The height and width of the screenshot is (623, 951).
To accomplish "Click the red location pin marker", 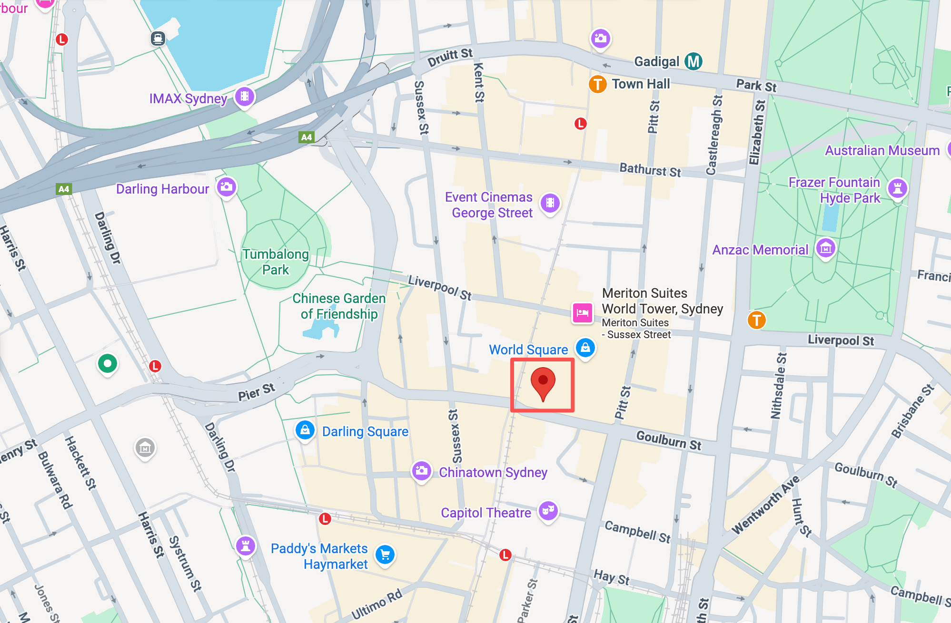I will tap(543, 382).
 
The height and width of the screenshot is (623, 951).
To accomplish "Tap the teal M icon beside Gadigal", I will tap(693, 61).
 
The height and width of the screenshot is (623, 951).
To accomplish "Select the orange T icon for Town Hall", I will tap(597, 85).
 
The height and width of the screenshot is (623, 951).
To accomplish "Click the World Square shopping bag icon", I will tap(585, 348).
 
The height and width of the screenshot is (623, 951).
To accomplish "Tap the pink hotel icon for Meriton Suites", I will tap(582, 313).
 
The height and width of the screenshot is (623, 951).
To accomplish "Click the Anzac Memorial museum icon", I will tap(826, 248).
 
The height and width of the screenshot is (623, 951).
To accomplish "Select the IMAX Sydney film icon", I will tap(245, 97).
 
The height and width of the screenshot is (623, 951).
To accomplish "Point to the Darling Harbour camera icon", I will tap(227, 187).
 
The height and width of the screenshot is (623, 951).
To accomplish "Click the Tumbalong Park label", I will tap(276, 262).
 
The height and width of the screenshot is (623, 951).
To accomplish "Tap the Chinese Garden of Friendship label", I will tap(339, 306).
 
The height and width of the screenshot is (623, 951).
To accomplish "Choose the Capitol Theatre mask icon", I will tap(548, 510).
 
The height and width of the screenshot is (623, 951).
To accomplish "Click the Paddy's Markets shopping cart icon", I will tap(385, 555).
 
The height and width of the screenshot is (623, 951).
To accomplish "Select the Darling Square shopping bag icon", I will tap(305, 430).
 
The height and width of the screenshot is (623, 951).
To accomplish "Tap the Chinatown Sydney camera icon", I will tap(421, 471).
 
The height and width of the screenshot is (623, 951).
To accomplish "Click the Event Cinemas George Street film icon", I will tap(550, 203).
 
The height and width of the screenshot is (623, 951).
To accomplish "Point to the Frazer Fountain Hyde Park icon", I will tap(898, 188).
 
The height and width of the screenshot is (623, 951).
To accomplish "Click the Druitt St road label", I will tap(450, 58).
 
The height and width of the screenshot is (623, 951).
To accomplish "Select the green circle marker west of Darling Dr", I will tap(108, 364).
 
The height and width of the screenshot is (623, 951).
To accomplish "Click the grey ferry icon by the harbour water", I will tap(158, 38).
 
